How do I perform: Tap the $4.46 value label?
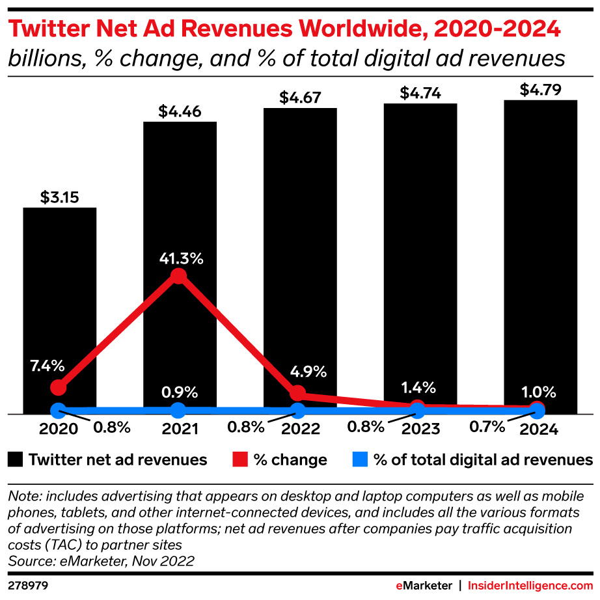(180, 111)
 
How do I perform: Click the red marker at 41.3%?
(178, 277)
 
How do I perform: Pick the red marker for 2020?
(59, 387)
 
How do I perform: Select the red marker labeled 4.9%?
(297, 393)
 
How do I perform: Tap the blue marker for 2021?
(178, 410)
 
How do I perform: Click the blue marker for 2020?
(59, 411)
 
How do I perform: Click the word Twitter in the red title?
(47, 30)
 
